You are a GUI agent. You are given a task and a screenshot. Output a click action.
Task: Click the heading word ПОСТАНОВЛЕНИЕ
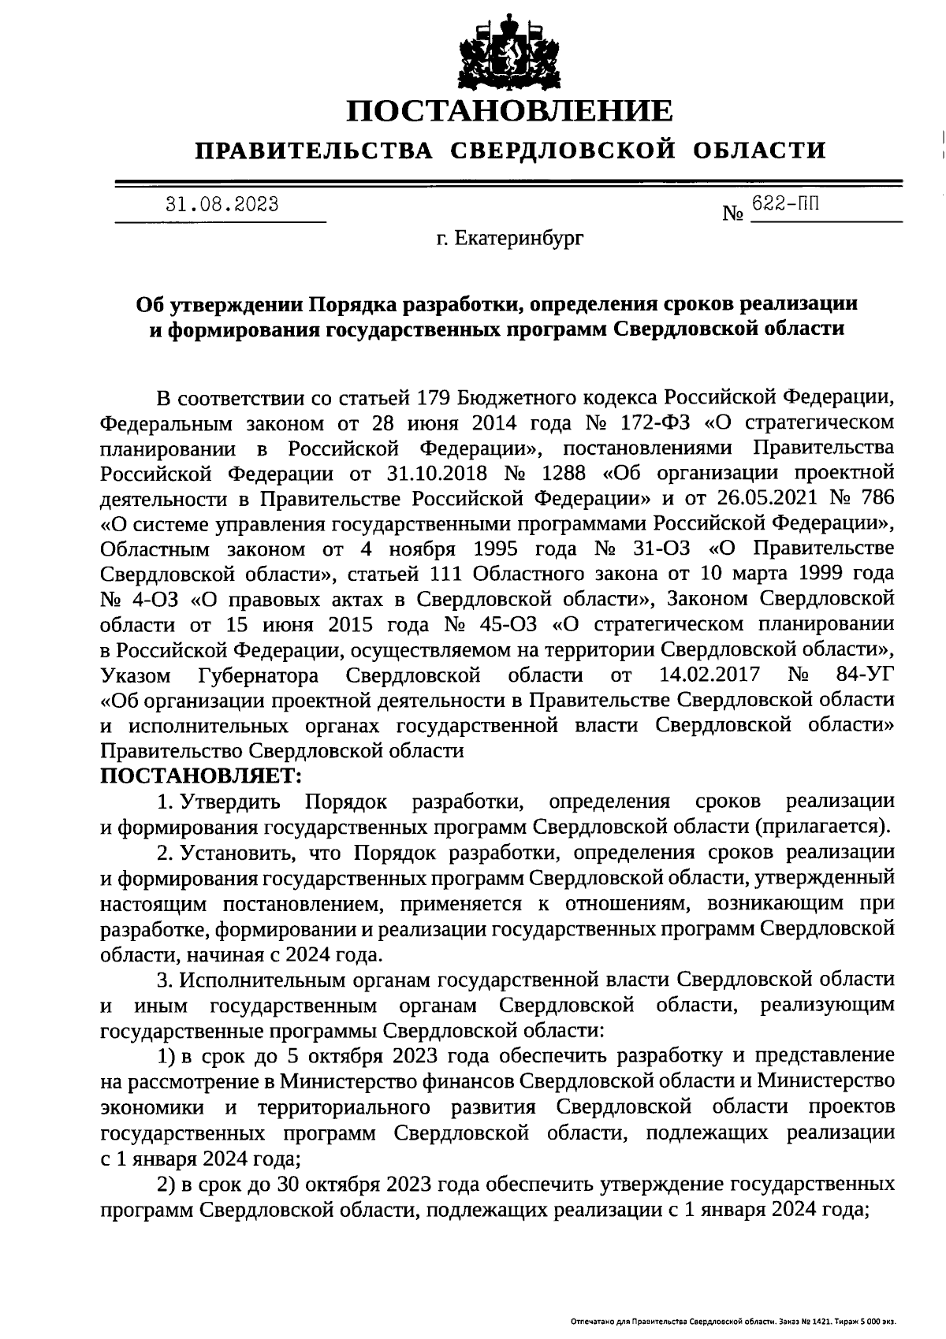point(512,111)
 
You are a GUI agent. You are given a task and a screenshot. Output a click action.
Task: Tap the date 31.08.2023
point(222,205)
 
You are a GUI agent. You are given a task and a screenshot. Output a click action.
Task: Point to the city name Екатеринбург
point(511,237)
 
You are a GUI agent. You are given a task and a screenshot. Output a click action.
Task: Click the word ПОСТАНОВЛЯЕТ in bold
point(200,776)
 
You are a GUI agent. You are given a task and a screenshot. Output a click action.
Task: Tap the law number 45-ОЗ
point(502,625)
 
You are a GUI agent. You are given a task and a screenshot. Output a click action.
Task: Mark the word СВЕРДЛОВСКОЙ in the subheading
point(563,150)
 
